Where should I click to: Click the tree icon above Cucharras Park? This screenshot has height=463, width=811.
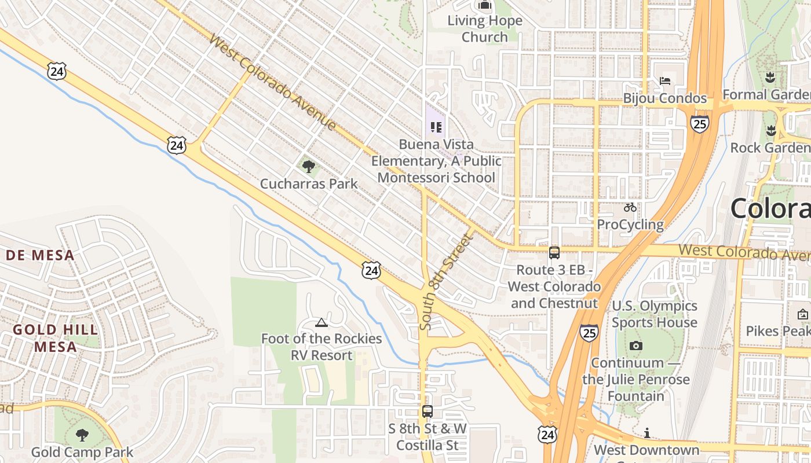(309, 167)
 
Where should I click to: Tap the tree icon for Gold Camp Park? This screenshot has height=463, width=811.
(82, 435)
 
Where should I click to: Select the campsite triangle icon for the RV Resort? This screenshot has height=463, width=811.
(322, 322)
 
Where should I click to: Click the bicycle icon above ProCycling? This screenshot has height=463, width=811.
(630, 207)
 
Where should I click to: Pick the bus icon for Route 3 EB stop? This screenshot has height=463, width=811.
(554, 252)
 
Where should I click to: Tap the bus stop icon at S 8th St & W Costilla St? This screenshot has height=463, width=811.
(428, 411)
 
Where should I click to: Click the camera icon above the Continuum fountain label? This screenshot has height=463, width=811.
(636, 346)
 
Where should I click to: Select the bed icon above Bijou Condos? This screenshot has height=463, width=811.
(665, 80)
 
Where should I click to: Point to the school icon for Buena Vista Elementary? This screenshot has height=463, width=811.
(436, 127)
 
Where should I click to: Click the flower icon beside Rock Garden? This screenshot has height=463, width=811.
(771, 130)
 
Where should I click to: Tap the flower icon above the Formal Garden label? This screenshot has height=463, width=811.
(770, 77)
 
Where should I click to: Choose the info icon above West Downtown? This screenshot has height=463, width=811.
(646, 433)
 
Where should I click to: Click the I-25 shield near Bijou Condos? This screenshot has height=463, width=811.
(700, 123)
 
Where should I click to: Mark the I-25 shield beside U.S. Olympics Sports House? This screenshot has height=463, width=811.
(589, 333)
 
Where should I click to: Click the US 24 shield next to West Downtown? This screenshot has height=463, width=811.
(547, 435)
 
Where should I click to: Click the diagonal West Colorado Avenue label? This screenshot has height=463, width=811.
(272, 82)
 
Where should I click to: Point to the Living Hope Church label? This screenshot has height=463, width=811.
(485, 29)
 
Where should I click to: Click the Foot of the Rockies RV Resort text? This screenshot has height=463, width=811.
(322, 347)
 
